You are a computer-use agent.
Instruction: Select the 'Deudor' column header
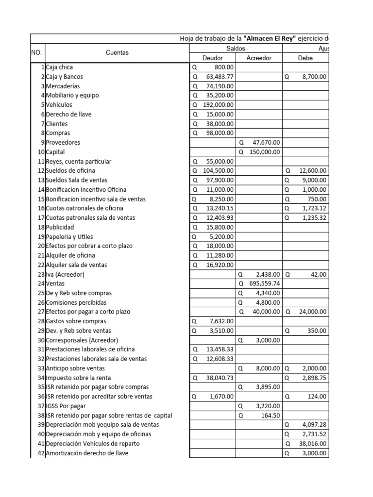click(x=212, y=58)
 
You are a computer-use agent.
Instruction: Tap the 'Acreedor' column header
click(x=259, y=58)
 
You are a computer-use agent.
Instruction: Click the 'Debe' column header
click(x=306, y=58)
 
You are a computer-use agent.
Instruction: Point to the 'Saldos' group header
click(x=236, y=49)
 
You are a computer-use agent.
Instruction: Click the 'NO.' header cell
click(x=37, y=52)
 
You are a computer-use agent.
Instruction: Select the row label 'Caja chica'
click(x=59, y=67)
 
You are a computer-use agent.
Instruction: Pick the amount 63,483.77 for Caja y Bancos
click(x=220, y=77)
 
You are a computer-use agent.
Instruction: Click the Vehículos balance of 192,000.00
click(x=218, y=105)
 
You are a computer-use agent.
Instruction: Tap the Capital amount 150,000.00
click(x=265, y=152)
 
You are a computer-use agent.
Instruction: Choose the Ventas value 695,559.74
click(x=265, y=283)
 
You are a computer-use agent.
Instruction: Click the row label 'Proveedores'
click(x=63, y=143)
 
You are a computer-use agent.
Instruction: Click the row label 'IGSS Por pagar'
click(x=66, y=406)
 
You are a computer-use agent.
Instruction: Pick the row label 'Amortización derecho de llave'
click(x=87, y=453)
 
